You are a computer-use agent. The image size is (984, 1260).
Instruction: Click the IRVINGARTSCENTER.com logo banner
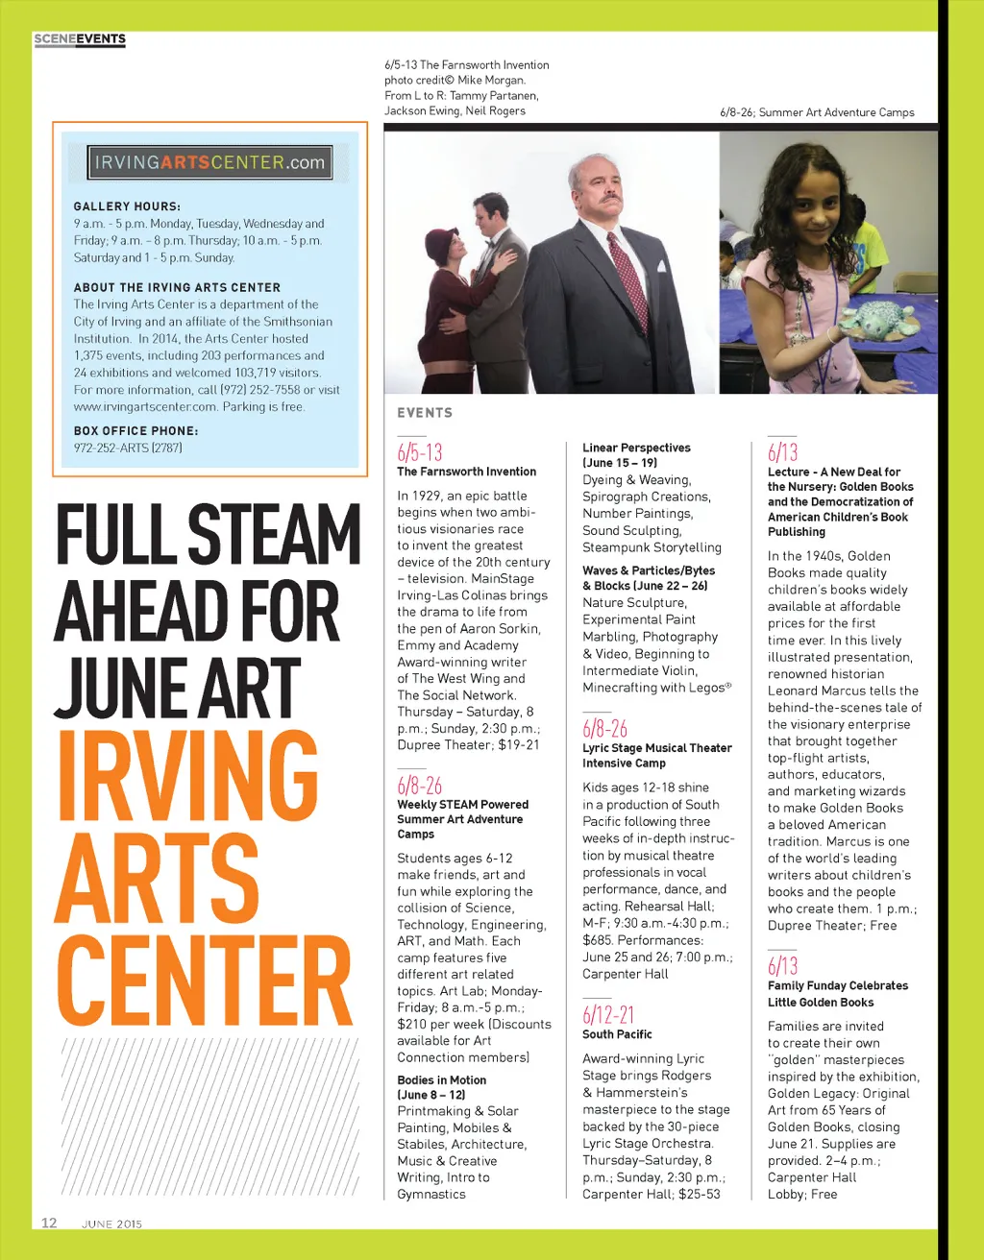tap(209, 162)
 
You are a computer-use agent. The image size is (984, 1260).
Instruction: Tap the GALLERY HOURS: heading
tap(127, 206)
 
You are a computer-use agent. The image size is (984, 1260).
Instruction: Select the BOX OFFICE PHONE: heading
tap(135, 431)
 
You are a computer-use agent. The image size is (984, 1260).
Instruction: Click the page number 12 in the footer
tap(49, 1223)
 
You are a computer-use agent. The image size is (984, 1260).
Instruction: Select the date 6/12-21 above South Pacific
tap(608, 1014)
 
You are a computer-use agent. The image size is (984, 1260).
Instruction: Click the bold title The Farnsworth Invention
tap(466, 472)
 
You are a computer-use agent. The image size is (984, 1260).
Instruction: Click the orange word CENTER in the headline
tap(205, 980)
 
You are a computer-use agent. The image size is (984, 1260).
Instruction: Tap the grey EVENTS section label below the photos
tap(425, 413)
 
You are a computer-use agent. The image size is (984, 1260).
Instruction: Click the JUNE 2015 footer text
tap(111, 1224)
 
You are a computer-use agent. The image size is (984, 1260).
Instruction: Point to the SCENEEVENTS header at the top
tap(80, 39)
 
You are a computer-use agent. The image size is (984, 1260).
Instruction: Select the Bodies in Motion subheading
tap(441, 1080)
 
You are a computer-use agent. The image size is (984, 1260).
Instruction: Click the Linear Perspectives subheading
tap(636, 448)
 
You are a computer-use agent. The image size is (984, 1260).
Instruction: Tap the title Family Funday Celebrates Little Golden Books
tap(837, 994)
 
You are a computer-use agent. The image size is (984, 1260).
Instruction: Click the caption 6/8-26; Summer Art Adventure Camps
tap(817, 112)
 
